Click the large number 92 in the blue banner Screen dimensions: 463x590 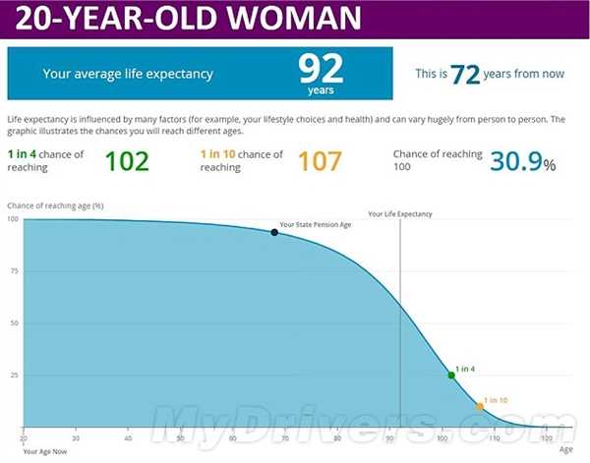[x=321, y=68]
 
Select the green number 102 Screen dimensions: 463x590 [x=126, y=161]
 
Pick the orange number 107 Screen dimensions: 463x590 [x=320, y=161]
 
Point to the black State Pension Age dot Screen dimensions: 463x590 [x=274, y=232]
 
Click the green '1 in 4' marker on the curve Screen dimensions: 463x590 [x=451, y=376]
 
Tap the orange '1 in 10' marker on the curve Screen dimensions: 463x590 [x=479, y=406]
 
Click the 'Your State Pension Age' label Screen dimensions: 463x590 [x=316, y=225]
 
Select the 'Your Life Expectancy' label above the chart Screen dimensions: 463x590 [x=400, y=213]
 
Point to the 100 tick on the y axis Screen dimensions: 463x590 [x=13, y=219]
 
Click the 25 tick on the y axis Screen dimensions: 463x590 [x=14, y=376]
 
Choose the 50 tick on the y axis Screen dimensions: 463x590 [x=14, y=323]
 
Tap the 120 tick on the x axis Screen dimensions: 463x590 [x=546, y=438]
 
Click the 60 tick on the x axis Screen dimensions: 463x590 [x=233, y=438]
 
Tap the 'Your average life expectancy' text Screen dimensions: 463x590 [x=128, y=74]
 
